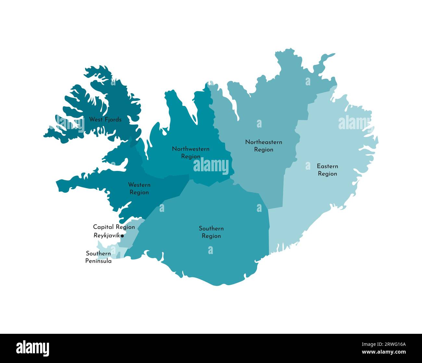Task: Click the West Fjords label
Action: (x=105, y=120)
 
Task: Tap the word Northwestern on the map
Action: (x=191, y=149)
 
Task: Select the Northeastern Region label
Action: (x=263, y=146)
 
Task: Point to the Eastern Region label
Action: (x=327, y=170)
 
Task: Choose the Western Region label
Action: (x=139, y=188)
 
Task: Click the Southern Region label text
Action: (x=211, y=232)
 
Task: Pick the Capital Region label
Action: (x=114, y=227)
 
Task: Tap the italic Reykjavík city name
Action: (x=106, y=236)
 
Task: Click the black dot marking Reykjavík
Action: (x=122, y=236)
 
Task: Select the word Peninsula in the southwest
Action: (x=98, y=261)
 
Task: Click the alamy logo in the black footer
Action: (x=33, y=348)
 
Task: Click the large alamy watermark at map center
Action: (x=211, y=166)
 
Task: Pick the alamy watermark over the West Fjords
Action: (x=70, y=124)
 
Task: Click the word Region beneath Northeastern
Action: (x=263, y=150)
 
